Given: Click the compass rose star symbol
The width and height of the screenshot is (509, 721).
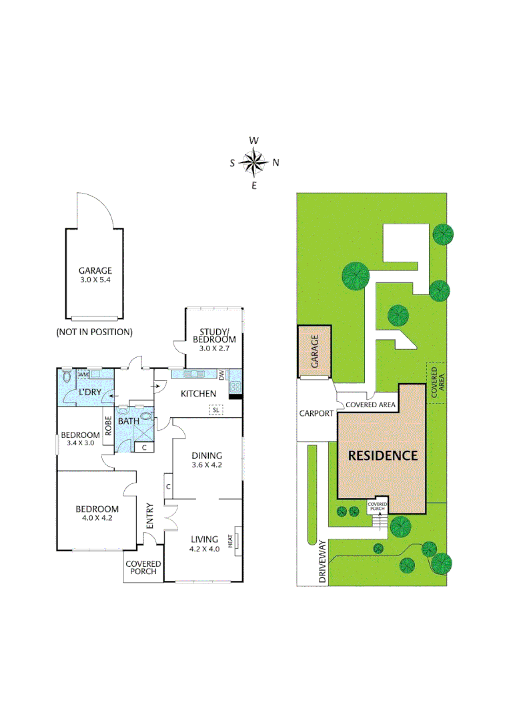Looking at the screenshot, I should click(254, 162).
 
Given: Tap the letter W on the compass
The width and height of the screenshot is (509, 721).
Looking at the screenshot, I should click(254, 141).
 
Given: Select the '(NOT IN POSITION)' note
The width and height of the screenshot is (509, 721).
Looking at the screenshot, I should click(94, 332).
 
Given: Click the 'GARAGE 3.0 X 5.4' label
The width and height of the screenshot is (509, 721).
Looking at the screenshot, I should click(95, 275).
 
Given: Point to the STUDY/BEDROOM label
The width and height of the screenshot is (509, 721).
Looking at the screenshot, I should click(213, 335).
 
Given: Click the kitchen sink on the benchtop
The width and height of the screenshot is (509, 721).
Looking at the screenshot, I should click(200, 374).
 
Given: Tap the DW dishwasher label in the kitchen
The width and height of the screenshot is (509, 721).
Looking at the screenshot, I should click(222, 375).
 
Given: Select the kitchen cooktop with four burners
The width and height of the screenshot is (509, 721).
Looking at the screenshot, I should click(235, 386).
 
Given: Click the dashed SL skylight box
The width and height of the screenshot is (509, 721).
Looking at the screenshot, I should click(215, 409).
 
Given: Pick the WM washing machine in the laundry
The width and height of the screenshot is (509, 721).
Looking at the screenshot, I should click(83, 375).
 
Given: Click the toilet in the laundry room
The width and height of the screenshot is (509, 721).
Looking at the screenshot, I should click(65, 377).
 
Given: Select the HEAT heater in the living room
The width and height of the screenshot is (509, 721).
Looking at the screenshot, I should click(234, 540).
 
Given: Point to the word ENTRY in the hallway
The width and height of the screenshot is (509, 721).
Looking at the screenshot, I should click(150, 516).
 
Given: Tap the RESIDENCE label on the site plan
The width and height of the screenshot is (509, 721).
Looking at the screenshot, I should click(382, 455).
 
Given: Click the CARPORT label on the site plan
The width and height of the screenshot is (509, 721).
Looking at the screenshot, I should click(316, 413).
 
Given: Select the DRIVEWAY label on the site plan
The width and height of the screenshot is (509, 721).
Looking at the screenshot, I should click(323, 561).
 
